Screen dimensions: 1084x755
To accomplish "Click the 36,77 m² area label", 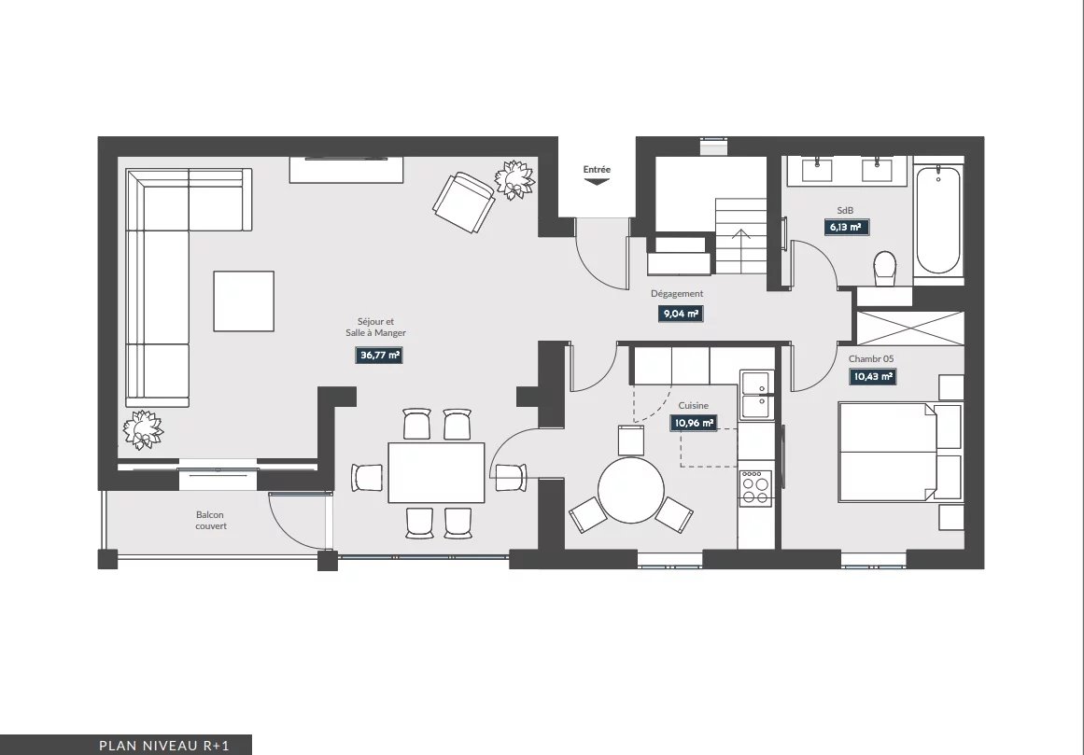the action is pyautogui.click(x=379, y=355).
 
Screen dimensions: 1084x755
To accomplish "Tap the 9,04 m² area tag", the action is pyautogui.click(x=681, y=314).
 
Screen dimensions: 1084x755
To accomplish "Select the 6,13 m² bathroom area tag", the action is pyautogui.click(x=846, y=227).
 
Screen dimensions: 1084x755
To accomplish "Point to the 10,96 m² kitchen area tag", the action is pyautogui.click(x=693, y=423).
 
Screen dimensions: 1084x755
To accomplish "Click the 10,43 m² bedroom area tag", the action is pyautogui.click(x=873, y=376).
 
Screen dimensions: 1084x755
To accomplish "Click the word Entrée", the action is pyautogui.click(x=597, y=169).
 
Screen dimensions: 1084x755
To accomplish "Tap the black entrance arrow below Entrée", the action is pyautogui.click(x=597, y=182).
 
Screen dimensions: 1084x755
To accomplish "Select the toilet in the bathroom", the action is pyautogui.click(x=885, y=269).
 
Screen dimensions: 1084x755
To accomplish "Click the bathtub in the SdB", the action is pyautogui.click(x=938, y=220).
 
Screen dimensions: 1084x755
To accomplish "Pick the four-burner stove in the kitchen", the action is pyautogui.click(x=755, y=488).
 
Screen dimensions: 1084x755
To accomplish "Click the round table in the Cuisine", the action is pyautogui.click(x=630, y=491).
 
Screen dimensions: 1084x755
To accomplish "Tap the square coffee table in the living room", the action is pyautogui.click(x=244, y=301).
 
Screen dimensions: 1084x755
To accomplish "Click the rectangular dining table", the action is pyautogui.click(x=436, y=472).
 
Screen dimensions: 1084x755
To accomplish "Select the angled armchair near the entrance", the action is pyautogui.click(x=464, y=202).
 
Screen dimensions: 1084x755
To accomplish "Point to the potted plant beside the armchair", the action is pyautogui.click(x=515, y=179).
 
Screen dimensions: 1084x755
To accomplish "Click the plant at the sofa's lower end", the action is pyautogui.click(x=143, y=429).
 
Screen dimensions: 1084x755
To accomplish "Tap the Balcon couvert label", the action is pyautogui.click(x=210, y=520).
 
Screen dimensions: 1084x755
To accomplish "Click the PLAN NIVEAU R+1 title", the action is pyautogui.click(x=163, y=746).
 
